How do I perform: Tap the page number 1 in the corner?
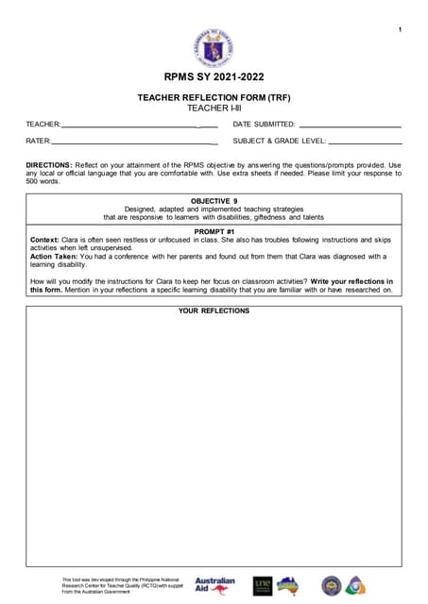point(401,30)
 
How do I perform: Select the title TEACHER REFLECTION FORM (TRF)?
point(214,97)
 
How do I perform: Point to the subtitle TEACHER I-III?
point(214,109)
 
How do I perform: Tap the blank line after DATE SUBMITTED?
point(350,126)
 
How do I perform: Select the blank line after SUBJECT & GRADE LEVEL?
point(365,142)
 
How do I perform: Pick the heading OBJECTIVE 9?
point(214,201)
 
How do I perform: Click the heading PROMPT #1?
point(214,231)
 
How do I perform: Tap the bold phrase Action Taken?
point(54,256)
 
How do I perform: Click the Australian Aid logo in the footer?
point(214,585)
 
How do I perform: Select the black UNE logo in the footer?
point(262,585)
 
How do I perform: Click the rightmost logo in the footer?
point(355,585)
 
